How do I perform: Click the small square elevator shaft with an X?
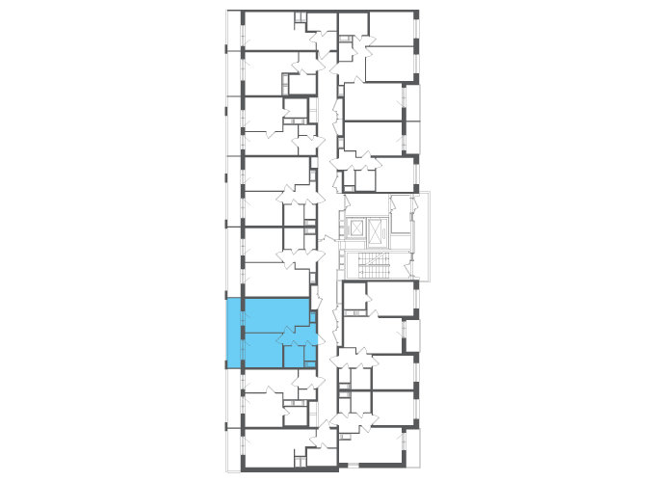pyautogui.click(x=356, y=228)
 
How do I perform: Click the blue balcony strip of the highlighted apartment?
pyautogui.click(x=232, y=333)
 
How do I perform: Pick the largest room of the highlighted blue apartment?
pyautogui.click(x=276, y=314)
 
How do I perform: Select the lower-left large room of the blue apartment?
pyautogui.click(x=263, y=350)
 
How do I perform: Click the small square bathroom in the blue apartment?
pyautogui.click(x=293, y=356)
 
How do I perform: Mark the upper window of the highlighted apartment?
pyautogui.click(x=242, y=314)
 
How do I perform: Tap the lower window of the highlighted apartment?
pyautogui.click(x=242, y=349)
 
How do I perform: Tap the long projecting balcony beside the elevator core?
pyautogui.click(x=421, y=236)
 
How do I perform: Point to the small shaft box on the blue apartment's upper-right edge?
pyautogui.click(x=313, y=316)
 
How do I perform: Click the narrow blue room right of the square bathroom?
pyautogui.click(x=309, y=353)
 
